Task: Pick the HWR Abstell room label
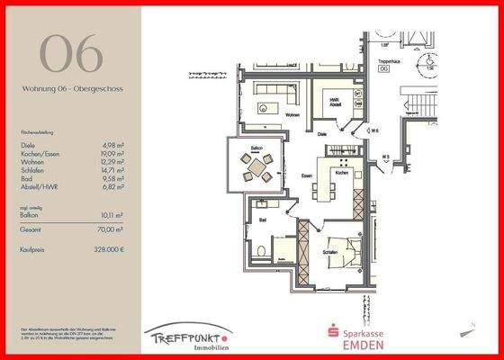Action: click(333, 102)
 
